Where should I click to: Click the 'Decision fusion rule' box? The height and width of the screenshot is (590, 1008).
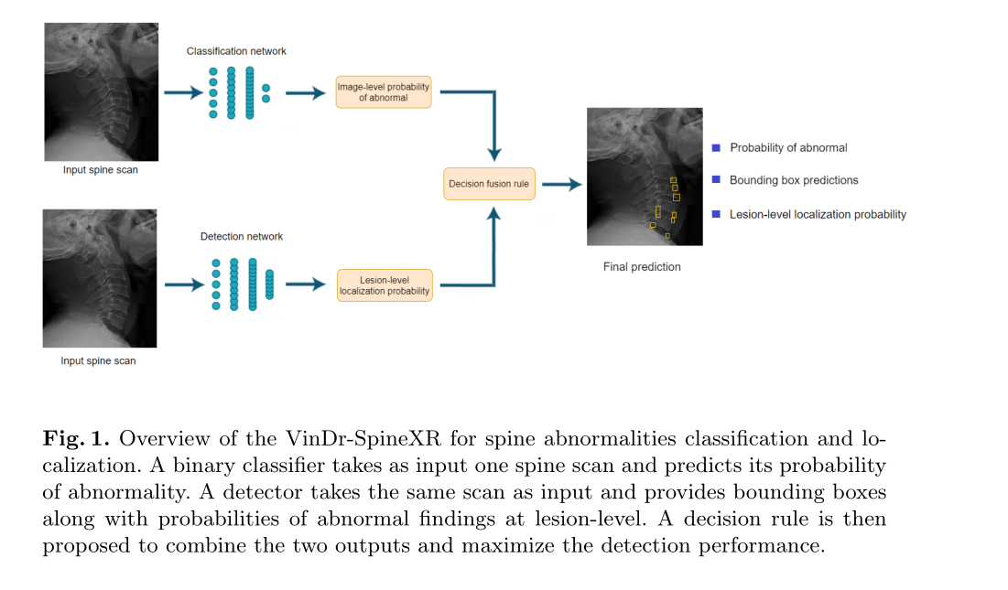488,184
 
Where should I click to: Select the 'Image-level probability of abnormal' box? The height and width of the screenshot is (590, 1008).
384,92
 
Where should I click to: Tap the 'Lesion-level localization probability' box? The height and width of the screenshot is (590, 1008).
384,284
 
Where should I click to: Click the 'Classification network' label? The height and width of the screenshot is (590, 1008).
236,51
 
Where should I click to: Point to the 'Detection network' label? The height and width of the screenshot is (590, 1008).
242,236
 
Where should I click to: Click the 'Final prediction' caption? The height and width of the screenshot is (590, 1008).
642,267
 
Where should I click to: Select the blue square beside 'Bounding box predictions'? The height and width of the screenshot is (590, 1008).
717,180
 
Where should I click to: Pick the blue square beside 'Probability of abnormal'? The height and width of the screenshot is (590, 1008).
717,147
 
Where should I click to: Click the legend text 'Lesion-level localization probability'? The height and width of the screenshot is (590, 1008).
818,214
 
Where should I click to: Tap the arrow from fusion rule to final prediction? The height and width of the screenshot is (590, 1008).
561,184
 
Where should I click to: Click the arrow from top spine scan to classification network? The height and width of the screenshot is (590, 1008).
183,92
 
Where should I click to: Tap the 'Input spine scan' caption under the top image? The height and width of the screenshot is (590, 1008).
101,170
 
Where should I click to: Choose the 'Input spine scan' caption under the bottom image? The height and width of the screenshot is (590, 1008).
98,360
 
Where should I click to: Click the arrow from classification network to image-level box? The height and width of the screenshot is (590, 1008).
305,92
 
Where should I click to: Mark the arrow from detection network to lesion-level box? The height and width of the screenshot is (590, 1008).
305,284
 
